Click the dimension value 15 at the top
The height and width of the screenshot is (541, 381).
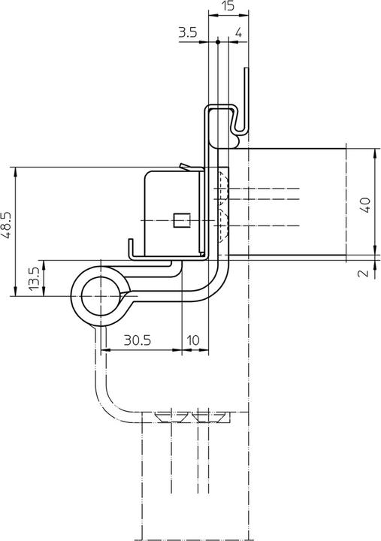228,6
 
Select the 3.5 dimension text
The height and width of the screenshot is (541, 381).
188,32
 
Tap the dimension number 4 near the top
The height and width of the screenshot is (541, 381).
237,32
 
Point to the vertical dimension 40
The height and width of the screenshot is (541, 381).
364,204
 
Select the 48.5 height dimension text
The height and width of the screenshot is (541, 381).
6,225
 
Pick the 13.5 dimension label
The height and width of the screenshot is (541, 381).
34,278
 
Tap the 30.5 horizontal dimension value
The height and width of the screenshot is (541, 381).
138,340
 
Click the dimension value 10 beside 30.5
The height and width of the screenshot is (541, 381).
193,340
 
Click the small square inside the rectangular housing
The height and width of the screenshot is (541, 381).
179,219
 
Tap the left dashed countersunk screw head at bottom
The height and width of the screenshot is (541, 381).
169,416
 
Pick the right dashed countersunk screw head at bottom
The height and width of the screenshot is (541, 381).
210,416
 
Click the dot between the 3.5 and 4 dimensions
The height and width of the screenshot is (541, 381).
217,42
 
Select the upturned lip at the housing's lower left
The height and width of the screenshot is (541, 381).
132,249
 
